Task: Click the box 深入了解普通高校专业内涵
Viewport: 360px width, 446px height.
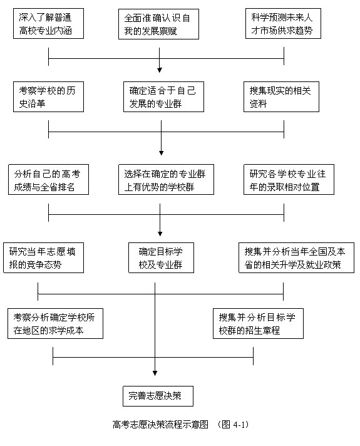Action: pos(48,24)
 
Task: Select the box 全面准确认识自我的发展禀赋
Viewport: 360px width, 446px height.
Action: pos(158,24)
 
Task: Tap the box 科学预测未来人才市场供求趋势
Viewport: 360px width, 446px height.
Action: pos(283,24)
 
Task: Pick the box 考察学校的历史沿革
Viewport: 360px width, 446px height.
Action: pos(48,96)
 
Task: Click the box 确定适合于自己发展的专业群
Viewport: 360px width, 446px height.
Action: pos(163,96)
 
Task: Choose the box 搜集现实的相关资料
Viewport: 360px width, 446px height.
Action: pos(281,96)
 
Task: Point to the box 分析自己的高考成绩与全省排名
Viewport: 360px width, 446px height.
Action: pos(48,180)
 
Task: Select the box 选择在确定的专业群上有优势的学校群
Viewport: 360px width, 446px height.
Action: pos(166,180)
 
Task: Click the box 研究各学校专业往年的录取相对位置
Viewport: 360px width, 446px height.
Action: pos(289,180)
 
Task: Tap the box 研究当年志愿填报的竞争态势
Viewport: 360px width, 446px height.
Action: pos(43,257)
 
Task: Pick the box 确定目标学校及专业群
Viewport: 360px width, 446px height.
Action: pos(161,257)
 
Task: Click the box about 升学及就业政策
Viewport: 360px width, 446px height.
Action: pos(296,257)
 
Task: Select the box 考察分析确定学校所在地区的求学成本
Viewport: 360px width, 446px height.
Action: pos(55,323)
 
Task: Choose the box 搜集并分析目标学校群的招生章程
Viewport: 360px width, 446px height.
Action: pos(258,323)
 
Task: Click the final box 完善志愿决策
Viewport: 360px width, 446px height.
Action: pos(158,396)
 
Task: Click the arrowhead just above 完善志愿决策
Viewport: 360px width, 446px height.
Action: pos(155,373)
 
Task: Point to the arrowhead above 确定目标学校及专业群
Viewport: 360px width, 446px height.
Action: pos(160,234)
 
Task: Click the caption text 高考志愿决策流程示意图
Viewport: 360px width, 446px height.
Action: pos(160,424)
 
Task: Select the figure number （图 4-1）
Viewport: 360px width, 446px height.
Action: pos(233,424)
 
